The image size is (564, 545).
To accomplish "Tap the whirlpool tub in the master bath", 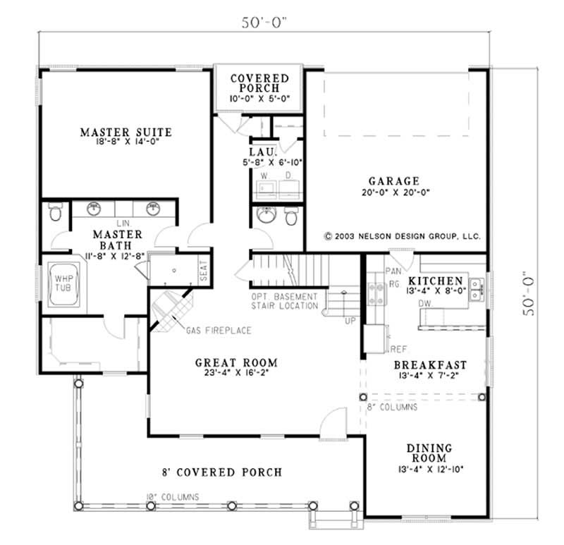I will coord(65,284).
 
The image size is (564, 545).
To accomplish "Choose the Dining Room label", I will coord(429,453).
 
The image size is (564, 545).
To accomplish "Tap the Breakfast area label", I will coord(429,365).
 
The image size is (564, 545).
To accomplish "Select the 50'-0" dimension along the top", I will coord(265,23).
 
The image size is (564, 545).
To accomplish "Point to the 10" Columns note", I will coord(173,497).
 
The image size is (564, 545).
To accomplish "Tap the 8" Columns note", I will coord(392,407).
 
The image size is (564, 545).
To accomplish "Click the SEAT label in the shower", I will coord(204,271).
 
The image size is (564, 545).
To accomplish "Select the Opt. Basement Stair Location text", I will coord(284,301).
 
